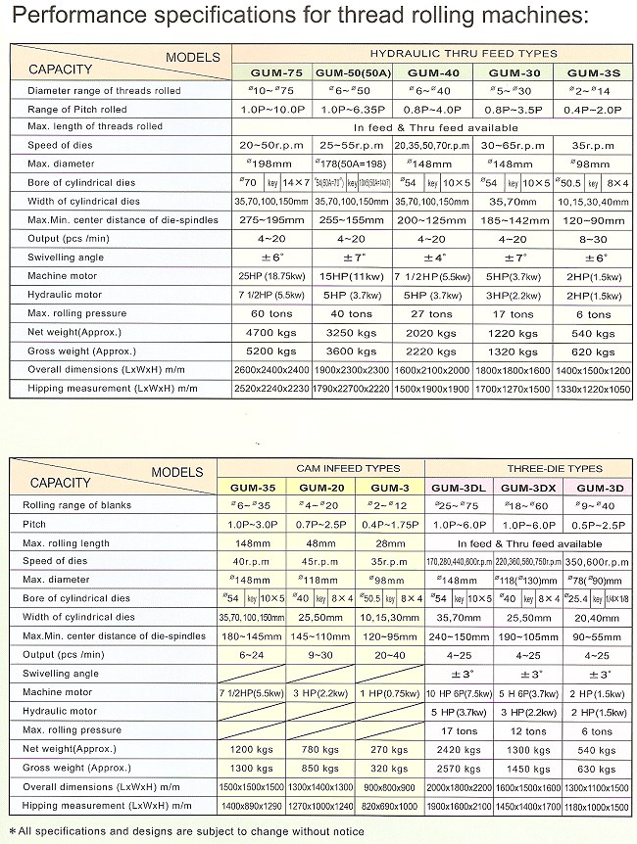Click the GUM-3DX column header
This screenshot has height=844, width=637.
(x=529, y=488)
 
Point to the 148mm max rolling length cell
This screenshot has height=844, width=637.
(x=269, y=542)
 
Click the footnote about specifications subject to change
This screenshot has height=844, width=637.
(x=186, y=830)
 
